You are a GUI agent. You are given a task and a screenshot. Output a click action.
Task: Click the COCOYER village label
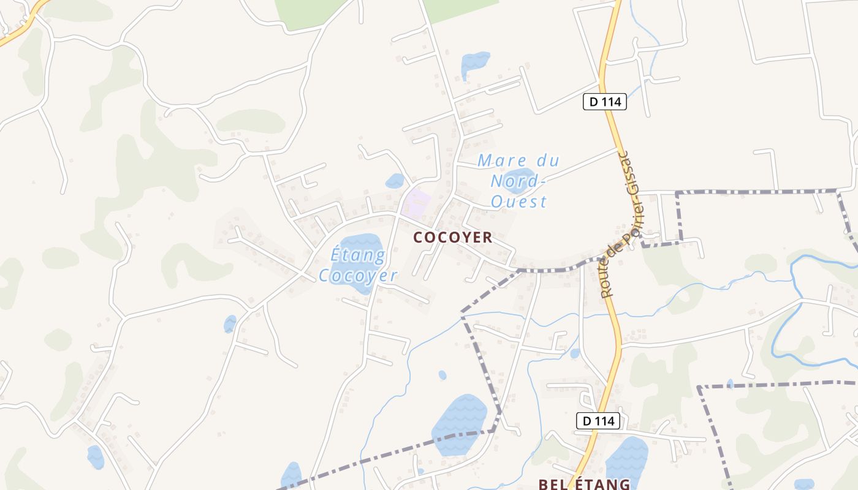[x=452, y=238]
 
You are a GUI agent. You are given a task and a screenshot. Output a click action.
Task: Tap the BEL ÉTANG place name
[x=584, y=484]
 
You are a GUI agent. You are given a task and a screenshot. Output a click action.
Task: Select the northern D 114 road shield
[x=604, y=102]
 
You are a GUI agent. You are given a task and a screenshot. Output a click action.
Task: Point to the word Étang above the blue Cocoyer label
[x=358, y=254]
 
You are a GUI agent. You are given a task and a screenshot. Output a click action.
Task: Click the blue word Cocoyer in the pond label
[x=358, y=276]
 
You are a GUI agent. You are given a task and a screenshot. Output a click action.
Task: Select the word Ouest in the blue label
[x=518, y=202]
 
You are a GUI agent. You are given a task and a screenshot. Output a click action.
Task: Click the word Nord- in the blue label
[x=517, y=181]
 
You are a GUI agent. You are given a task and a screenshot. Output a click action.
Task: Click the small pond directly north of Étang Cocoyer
[x=395, y=181]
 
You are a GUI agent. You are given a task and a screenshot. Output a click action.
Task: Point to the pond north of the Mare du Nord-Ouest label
[x=475, y=62]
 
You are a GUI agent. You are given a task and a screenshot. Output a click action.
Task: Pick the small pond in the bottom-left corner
[x=95, y=456]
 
